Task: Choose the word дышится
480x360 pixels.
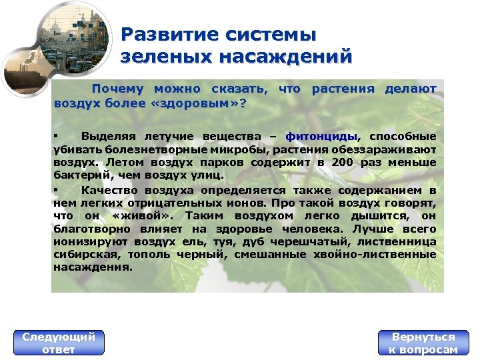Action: tap(383, 215)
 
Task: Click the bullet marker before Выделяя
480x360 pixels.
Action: tap(56, 137)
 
